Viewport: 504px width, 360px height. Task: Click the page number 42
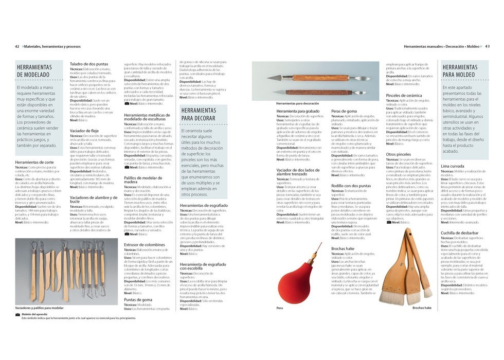17,46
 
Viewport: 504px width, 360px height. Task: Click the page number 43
487,46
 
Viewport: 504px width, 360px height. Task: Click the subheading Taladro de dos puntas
89,64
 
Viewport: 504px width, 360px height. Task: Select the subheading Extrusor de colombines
145,245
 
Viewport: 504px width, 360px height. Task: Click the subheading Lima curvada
453,167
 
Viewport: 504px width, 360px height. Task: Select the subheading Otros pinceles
398,154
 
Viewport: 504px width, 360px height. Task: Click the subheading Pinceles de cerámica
404,96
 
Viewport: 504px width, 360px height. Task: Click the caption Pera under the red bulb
280,308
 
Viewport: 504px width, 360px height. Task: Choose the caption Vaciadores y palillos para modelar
40,308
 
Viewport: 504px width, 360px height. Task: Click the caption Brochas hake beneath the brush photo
422,308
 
